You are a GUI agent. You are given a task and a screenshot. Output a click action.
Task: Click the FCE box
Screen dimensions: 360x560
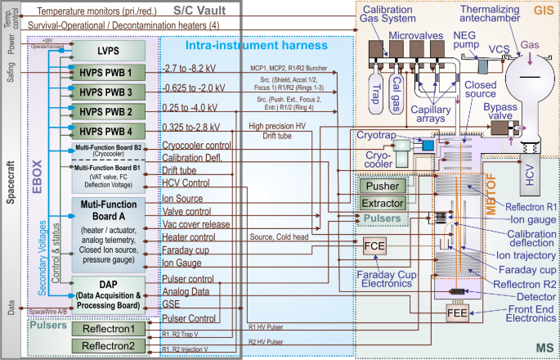374,245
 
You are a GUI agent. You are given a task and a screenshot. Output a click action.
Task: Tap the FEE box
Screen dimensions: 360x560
455,313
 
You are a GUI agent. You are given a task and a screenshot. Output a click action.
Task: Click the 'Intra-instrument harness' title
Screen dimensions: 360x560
255,45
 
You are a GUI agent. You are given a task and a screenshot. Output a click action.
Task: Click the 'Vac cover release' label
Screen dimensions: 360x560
196,223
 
